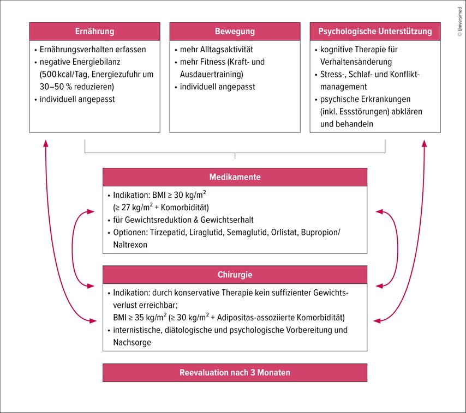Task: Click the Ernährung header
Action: coord(94,31)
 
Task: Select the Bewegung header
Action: coord(235,31)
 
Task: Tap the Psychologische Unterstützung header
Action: coord(375,31)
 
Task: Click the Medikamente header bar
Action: coord(235,177)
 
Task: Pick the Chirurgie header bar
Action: coord(235,275)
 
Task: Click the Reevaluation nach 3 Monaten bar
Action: coord(235,373)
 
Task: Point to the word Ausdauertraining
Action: coord(211,74)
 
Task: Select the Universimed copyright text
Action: coord(459,21)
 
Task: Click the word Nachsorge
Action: coord(132,342)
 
